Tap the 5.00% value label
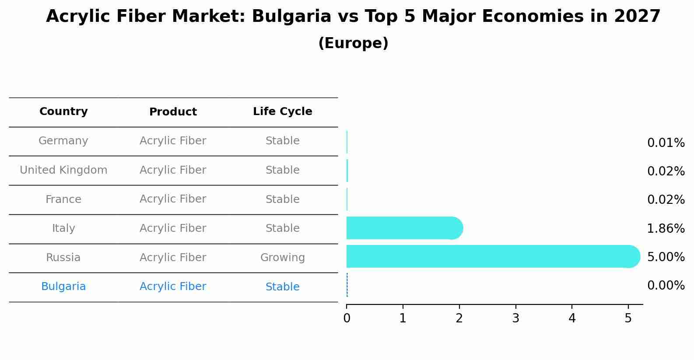click(666, 257)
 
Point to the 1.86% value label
click(666, 228)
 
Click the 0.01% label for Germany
click(666, 143)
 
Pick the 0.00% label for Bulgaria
click(666, 286)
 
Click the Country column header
click(63, 112)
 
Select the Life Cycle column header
click(282, 112)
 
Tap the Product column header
click(173, 112)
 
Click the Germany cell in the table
click(63, 141)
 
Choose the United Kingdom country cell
click(63, 170)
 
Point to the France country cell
click(63, 199)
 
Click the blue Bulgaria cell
click(63, 287)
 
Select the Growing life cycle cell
click(282, 258)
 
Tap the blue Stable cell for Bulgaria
click(282, 287)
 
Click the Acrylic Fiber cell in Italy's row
click(173, 228)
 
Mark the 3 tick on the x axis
click(515, 318)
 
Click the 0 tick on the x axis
click(347, 318)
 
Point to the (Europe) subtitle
click(353, 43)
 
